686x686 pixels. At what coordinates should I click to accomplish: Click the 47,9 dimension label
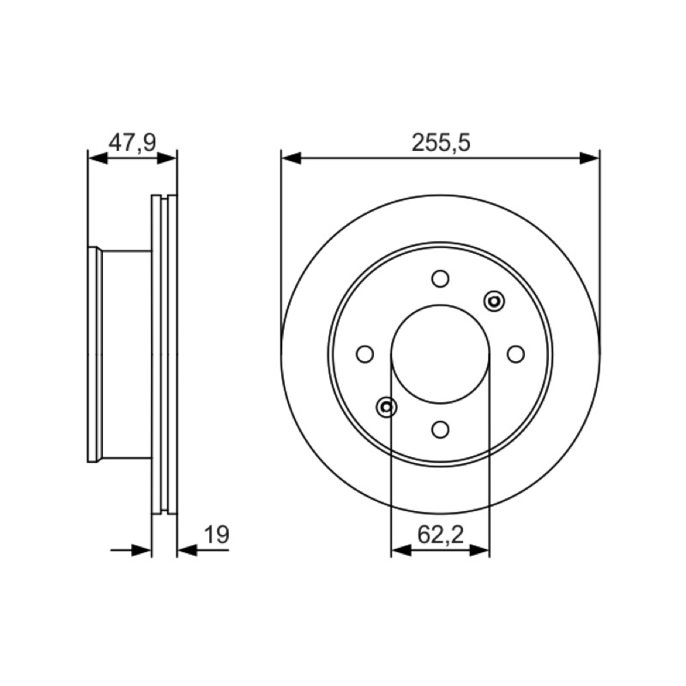[x=132, y=143]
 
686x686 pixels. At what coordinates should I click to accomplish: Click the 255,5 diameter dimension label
[x=441, y=143]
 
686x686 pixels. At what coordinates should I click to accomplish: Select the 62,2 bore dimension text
[x=440, y=534]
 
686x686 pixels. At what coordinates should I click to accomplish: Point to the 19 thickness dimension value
[x=217, y=534]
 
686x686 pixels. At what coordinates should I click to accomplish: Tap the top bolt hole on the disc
[x=440, y=279]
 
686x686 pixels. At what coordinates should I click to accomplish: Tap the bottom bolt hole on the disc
[x=440, y=430]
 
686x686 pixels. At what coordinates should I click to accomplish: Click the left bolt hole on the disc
[x=365, y=354]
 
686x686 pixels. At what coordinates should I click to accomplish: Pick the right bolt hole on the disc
[x=516, y=354]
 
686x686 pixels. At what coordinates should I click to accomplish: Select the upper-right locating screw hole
[x=494, y=301]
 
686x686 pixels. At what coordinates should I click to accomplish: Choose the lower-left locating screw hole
[x=387, y=407]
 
